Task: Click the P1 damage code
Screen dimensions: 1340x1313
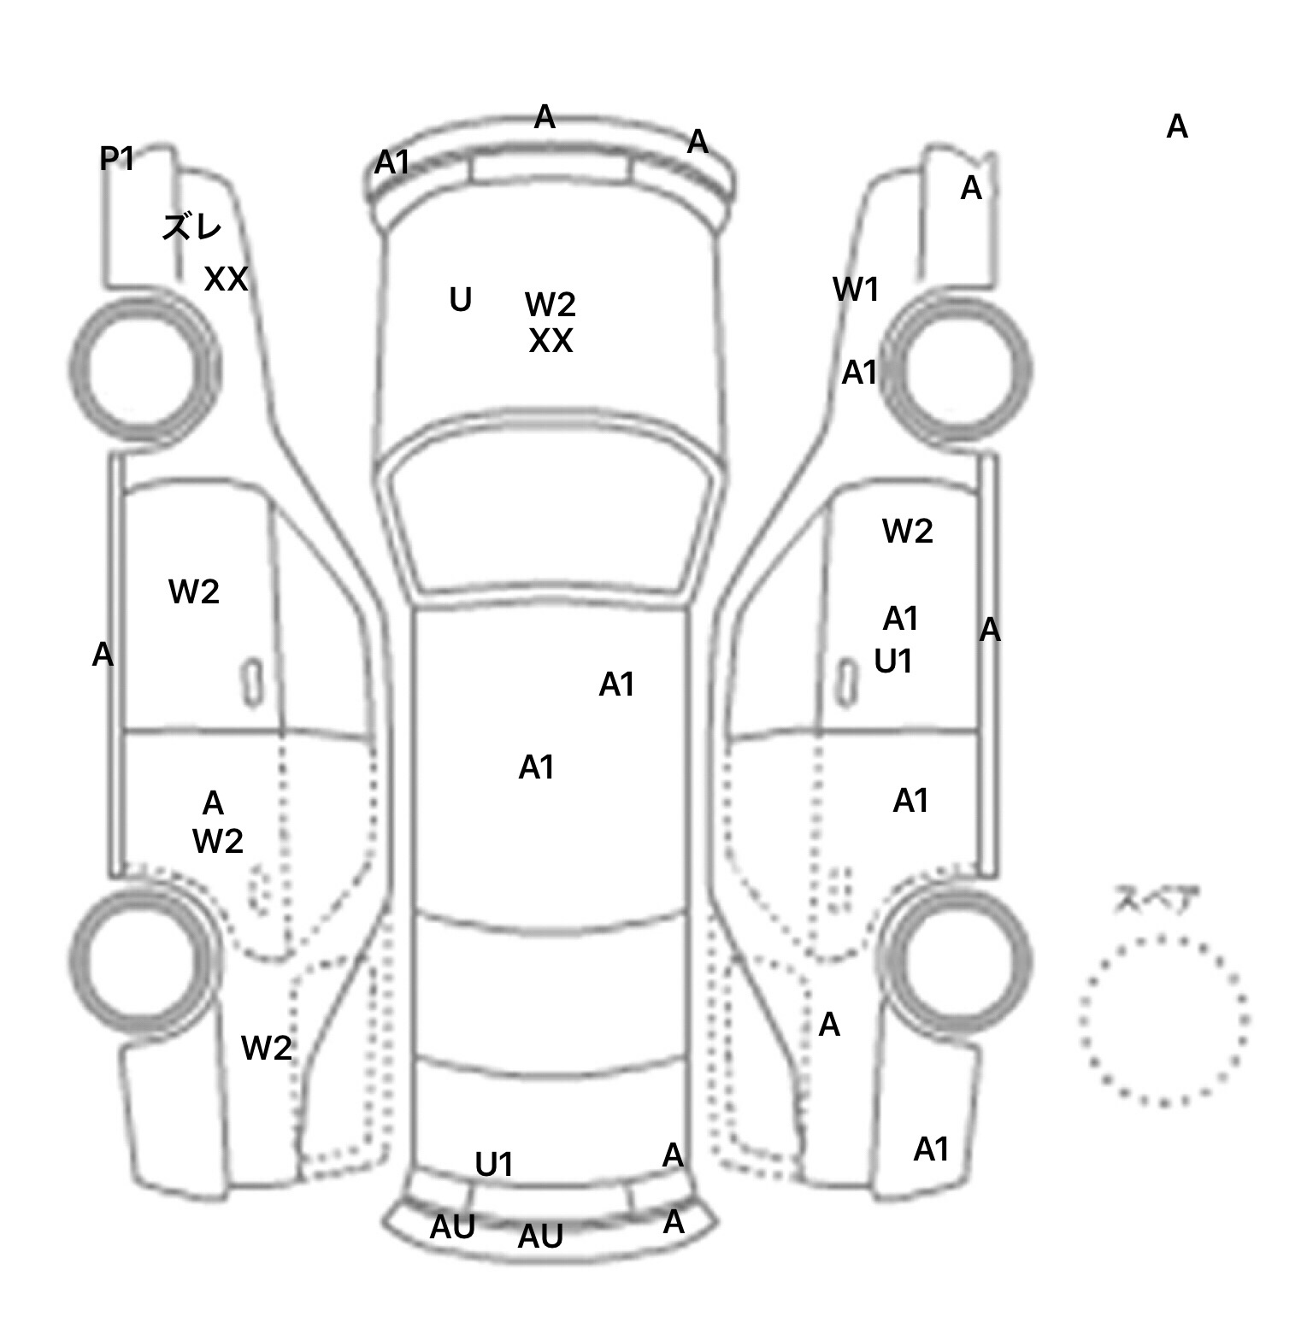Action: click(x=117, y=159)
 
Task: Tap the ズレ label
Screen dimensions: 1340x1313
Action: click(x=192, y=227)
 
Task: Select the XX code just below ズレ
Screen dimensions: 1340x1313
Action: click(x=226, y=279)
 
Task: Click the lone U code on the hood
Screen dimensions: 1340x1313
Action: click(x=460, y=300)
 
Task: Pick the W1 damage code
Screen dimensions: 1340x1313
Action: click(x=856, y=291)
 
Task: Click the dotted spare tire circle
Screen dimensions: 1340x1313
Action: click(x=1163, y=1020)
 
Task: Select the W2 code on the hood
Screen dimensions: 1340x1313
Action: click(x=550, y=304)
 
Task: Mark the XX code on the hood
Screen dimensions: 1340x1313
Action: click(x=551, y=342)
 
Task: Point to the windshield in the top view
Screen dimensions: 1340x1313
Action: click(x=551, y=517)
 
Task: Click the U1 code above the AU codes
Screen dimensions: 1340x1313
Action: click(x=494, y=1165)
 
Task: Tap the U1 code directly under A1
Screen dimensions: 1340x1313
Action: click(x=893, y=661)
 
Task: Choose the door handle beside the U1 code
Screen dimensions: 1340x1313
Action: click(x=847, y=683)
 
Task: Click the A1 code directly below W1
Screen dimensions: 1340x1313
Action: click(x=860, y=373)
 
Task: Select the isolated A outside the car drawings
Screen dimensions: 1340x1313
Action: click(x=1177, y=127)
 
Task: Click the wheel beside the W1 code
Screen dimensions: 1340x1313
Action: click(x=957, y=369)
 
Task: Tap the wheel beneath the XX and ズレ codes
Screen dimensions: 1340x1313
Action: click(x=143, y=369)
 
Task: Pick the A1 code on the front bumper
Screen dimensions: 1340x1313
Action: click(x=392, y=162)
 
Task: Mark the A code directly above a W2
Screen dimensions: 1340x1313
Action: click(x=213, y=803)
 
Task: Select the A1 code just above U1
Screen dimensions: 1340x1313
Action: click(x=900, y=619)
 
